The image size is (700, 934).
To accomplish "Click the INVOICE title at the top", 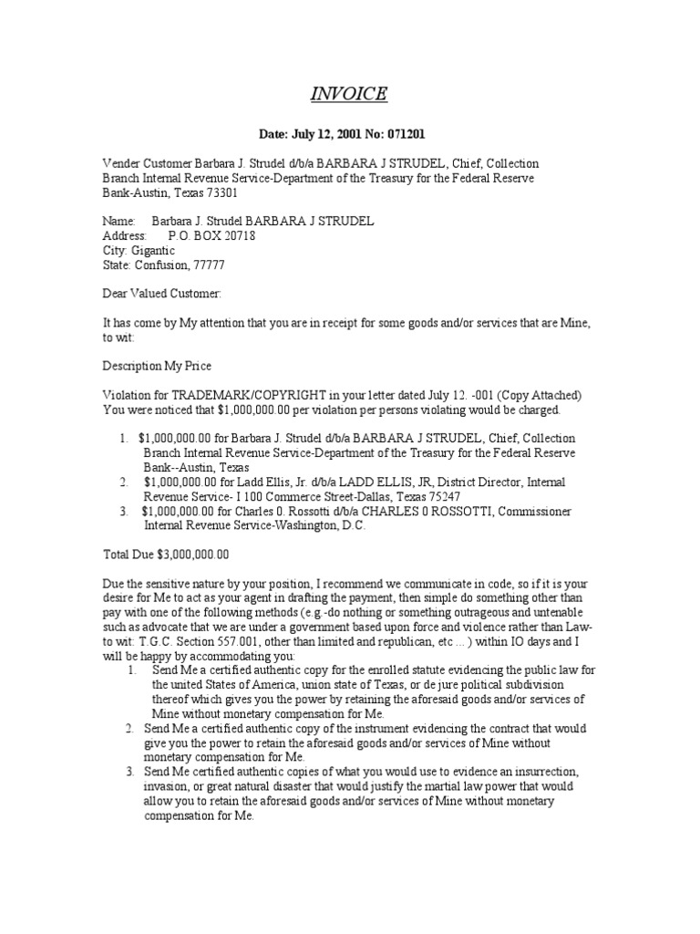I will click(x=350, y=94).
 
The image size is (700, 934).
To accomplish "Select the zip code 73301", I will click(x=232, y=193).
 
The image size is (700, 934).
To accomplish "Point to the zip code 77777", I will click(x=206, y=265).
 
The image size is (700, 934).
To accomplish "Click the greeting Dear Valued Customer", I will click(x=160, y=294).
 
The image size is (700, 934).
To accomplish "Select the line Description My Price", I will click(x=156, y=365).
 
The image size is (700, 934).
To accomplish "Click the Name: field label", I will click(x=118, y=221).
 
